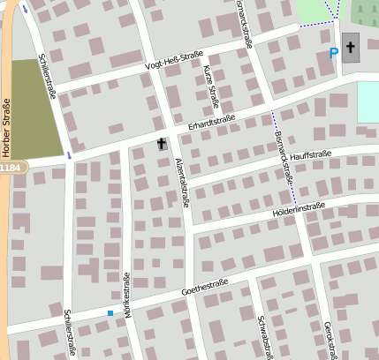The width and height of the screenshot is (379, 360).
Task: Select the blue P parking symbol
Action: click(x=333, y=54)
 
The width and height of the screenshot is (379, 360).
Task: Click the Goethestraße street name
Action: click(x=204, y=286)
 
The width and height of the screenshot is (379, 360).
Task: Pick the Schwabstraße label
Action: click(x=262, y=336)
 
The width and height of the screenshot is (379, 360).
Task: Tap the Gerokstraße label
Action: click(x=330, y=339)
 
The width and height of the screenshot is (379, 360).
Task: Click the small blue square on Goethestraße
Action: click(x=110, y=313)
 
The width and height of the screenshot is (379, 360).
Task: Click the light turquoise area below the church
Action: click(x=368, y=102)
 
